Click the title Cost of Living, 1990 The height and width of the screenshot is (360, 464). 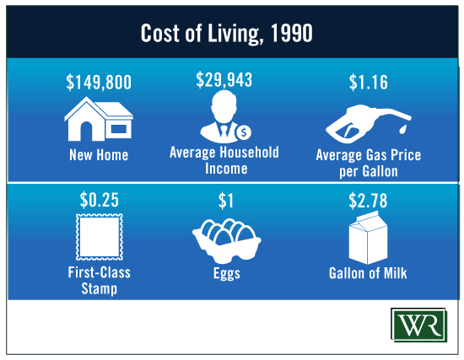pyautogui.click(x=226, y=33)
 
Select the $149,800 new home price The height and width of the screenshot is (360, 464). pyautogui.click(x=99, y=82)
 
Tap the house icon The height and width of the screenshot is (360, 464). pyautogui.click(x=99, y=119)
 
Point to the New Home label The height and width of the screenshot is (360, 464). pyautogui.click(x=99, y=155)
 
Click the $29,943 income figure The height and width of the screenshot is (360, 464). pyautogui.click(x=224, y=79)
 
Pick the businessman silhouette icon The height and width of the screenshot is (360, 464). pyautogui.click(x=221, y=116)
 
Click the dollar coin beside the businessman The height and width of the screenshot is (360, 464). pyautogui.click(x=244, y=132)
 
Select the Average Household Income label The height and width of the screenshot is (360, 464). pyautogui.click(x=224, y=161)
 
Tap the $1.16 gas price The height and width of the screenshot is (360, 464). pyautogui.click(x=369, y=82)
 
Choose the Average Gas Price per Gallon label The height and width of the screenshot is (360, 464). pyautogui.click(x=369, y=163)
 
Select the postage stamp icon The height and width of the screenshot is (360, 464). pyautogui.click(x=100, y=237)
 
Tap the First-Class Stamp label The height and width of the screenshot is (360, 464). pyautogui.click(x=100, y=280)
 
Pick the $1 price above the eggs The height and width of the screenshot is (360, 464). pyautogui.click(x=226, y=201)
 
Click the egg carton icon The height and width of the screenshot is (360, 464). pyautogui.click(x=227, y=241)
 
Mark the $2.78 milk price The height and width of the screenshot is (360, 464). pyautogui.click(x=368, y=201)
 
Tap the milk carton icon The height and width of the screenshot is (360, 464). pyautogui.click(x=368, y=238)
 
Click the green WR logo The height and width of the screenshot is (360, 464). pyautogui.click(x=418, y=325)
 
